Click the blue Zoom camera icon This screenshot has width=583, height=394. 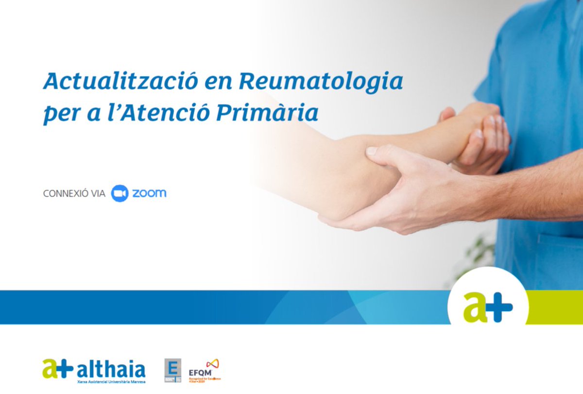(x=120, y=193)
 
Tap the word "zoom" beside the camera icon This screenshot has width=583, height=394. (x=149, y=193)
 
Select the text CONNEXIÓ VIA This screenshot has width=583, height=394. (x=74, y=193)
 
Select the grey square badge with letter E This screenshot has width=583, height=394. (x=172, y=370)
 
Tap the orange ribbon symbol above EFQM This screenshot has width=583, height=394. (x=212, y=363)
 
